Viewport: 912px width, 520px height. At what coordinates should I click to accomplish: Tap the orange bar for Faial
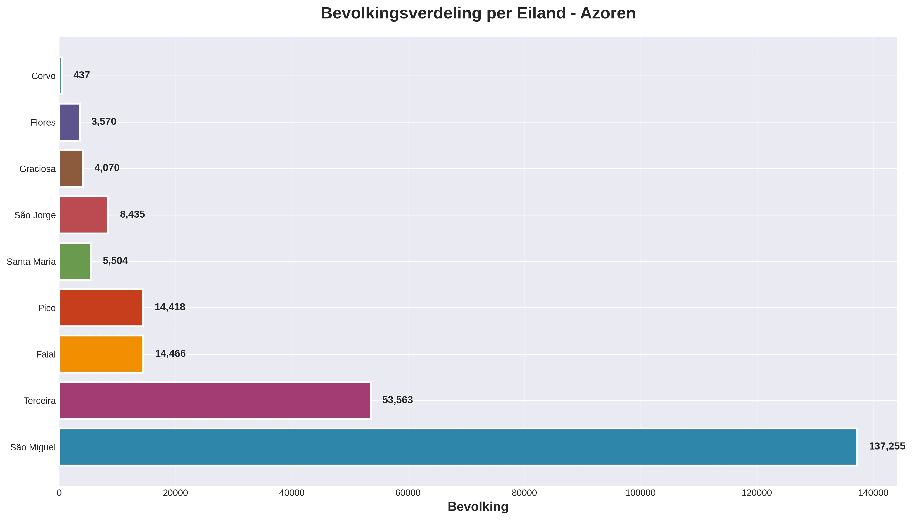coord(101,354)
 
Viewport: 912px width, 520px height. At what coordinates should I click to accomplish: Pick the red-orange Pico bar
coord(101,307)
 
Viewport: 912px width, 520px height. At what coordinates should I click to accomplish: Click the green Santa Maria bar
coord(75,261)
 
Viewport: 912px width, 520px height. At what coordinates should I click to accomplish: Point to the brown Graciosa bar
coord(71,168)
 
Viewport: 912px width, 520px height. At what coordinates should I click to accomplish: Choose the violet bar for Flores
coord(69,122)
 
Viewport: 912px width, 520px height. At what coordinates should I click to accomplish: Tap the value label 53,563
coord(397,400)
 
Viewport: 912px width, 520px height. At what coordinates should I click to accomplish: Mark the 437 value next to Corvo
coord(82,75)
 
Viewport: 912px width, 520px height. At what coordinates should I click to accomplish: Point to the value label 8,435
coord(132,214)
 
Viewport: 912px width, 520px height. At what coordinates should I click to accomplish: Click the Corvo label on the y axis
coord(44,76)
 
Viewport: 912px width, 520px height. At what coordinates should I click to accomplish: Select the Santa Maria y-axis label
coord(31,262)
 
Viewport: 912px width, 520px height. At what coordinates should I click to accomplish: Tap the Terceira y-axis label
coord(40,401)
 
